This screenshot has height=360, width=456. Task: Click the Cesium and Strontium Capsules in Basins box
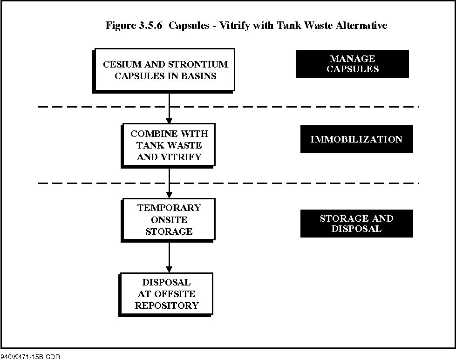[164, 70]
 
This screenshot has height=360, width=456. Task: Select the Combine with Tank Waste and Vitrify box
[168, 146]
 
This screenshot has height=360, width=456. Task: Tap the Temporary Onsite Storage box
[168, 220]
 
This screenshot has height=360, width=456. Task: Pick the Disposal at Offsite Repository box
[166, 295]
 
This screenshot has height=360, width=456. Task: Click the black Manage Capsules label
[353, 64]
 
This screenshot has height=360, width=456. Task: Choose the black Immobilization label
[356, 139]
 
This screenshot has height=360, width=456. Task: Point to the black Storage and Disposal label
[356, 224]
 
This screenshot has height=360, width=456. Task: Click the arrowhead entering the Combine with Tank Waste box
[169, 120]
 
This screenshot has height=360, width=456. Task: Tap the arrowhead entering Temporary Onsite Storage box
[169, 195]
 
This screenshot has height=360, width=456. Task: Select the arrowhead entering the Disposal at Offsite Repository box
[169, 270]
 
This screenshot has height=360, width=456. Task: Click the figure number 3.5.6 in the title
[150, 25]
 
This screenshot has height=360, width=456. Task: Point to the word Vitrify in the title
[234, 26]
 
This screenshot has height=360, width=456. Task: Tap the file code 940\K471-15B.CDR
[30, 357]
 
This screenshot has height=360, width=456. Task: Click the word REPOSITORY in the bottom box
[167, 306]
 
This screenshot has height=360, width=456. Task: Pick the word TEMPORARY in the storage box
[169, 208]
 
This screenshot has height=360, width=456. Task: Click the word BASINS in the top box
[198, 76]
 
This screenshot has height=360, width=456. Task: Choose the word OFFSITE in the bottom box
[175, 294]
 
